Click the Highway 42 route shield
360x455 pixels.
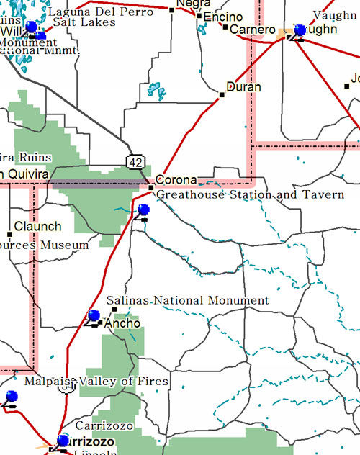click(135, 162)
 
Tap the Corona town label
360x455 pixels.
click(176, 180)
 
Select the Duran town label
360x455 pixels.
click(243, 87)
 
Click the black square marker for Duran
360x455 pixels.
click(222, 94)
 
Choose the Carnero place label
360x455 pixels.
click(252, 30)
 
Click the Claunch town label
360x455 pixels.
click(37, 227)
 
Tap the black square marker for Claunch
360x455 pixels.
click(9, 234)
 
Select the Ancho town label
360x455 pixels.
click(122, 324)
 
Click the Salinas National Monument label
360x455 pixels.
click(187, 301)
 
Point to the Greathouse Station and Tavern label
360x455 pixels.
click(250, 195)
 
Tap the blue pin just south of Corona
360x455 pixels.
click(143, 210)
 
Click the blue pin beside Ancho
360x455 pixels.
click(93, 315)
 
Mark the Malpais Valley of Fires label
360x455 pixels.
click(96, 382)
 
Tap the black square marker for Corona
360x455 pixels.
click(151, 189)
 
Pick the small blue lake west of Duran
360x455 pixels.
click(156, 91)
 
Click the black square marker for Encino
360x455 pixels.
click(199, 15)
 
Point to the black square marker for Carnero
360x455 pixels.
click(225, 28)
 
